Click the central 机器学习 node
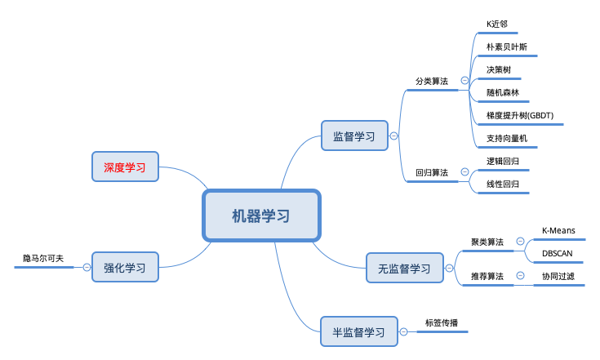point(261,216)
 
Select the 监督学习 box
point(355,136)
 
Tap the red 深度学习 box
point(124,167)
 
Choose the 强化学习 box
point(124,267)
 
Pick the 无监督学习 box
point(404,269)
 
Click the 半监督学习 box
point(359,332)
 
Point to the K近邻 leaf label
point(497,24)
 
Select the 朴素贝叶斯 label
point(506,47)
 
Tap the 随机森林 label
point(502,93)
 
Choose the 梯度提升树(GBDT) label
point(520,116)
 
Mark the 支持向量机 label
point(506,139)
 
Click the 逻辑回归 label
point(503,162)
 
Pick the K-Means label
point(558,230)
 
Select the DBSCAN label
point(558,253)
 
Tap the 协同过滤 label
point(558,276)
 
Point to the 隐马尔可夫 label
point(43,259)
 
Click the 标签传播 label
point(442,322)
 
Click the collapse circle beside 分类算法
point(464,81)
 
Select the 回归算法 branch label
point(432,173)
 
